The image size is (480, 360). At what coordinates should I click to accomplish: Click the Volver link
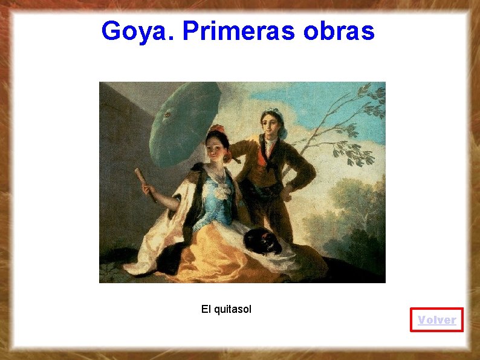click(436, 319)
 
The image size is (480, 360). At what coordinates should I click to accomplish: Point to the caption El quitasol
click(226, 309)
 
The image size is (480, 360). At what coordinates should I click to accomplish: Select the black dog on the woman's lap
click(264, 241)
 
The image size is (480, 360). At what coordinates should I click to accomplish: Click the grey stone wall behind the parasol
click(121, 139)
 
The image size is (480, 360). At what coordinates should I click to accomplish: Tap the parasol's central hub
click(167, 113)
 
